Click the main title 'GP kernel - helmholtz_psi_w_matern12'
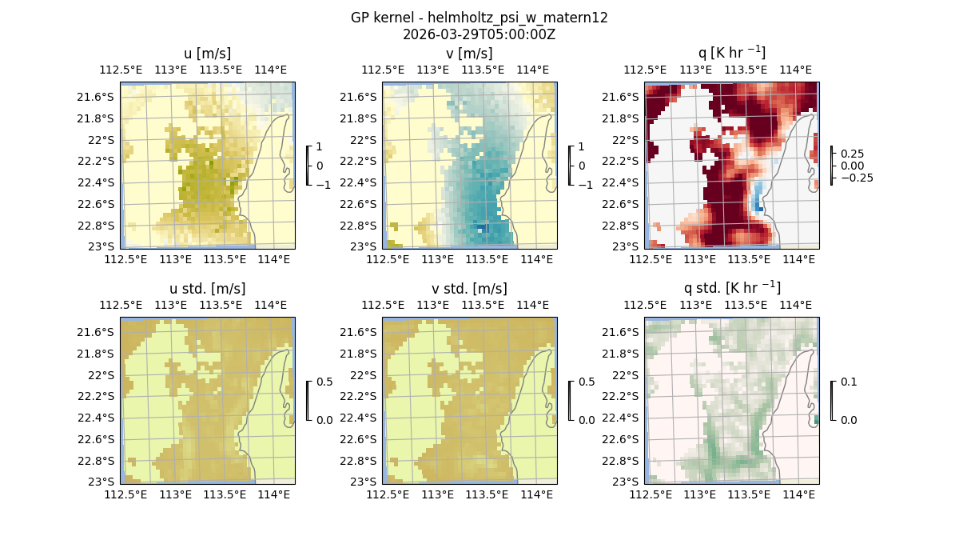tap(479, 18)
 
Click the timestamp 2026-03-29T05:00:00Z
tap(479, 34)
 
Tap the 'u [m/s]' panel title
tap(207, 54)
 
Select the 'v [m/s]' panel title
tap(469, 54)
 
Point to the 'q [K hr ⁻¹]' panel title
tap(731, 54)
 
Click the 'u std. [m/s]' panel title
tap(207, 289)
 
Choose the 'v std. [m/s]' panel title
tap(469, 289)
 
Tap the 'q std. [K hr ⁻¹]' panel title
tap(731, 289)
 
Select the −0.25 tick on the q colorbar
tap(856, 178)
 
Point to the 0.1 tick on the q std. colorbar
tap(847, 382)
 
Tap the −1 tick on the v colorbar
tap(585, 184)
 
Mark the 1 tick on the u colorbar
tap(320, 147)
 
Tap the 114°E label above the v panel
tap(533, 70)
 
